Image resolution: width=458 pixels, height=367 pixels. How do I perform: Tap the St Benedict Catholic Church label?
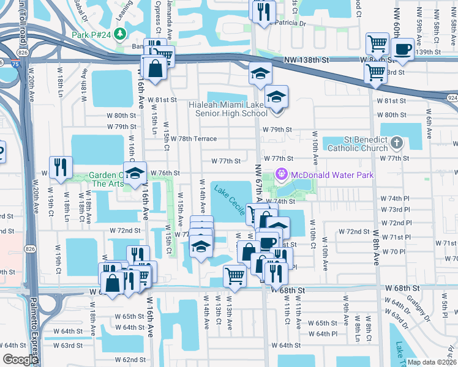tap(358, 143)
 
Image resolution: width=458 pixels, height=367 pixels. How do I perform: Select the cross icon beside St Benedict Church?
tap(397, 143)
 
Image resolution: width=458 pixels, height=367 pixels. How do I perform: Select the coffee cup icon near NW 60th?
tap(402, 49)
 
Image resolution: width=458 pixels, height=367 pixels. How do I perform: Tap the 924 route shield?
tap(451, 97)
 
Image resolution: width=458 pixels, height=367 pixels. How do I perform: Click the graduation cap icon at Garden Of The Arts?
tap(135, 173)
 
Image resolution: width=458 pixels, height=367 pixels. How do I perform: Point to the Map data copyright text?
tap(431, 362)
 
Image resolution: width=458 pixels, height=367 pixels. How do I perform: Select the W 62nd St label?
tap(130, 360)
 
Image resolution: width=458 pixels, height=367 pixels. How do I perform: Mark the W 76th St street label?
tap(165, 173)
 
